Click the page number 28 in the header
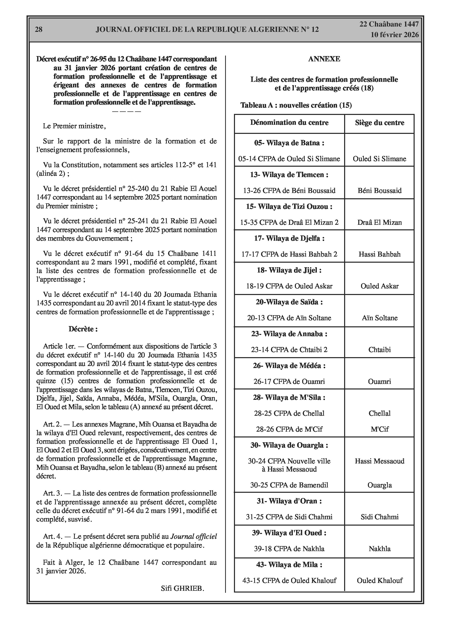click(x=39, y=30)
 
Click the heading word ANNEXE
click(x=324, y=59)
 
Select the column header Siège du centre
click(x=379, y=123)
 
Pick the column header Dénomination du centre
click(x=289, y=122)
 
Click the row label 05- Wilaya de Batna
click(x=289, y=143)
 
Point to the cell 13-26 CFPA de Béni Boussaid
click(x=289, y=191)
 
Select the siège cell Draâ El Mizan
click(x=379, y=223)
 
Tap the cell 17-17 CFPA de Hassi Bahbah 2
click(x=289, y=254)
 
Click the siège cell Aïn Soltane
click(x=379, y=318)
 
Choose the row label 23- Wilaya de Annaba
click(x=289, y=334)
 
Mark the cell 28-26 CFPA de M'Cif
click(x=289, y=429)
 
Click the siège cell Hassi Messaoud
click(x=379, y=461)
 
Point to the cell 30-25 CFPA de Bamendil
click(x=289, y=485)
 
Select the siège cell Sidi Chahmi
click(x=379, y=517)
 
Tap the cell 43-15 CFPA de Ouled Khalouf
click(x=289, y=580)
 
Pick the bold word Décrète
click(x=83, y=329)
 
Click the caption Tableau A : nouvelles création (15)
click(x=296, y=105)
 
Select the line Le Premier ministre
click(x=74, y=126)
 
